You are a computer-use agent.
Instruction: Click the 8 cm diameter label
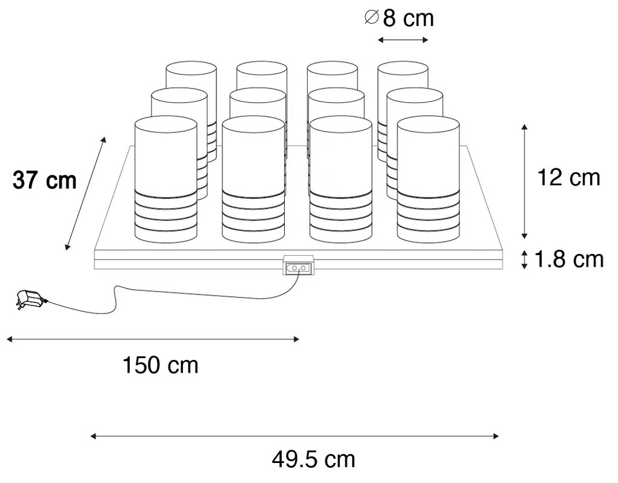pos(400,18)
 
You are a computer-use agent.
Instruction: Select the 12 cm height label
pos(569,178)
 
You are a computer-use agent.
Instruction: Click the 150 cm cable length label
pos(161,365)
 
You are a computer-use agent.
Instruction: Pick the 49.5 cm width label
pos(312,459)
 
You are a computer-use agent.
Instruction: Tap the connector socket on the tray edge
pos(299,267)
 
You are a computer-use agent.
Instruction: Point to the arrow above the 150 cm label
pos(153,339)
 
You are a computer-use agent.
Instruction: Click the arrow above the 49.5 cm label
pos(294,435)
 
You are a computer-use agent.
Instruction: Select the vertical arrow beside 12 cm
pos(525,181)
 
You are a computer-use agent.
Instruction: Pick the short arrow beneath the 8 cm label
pos(403,40)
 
